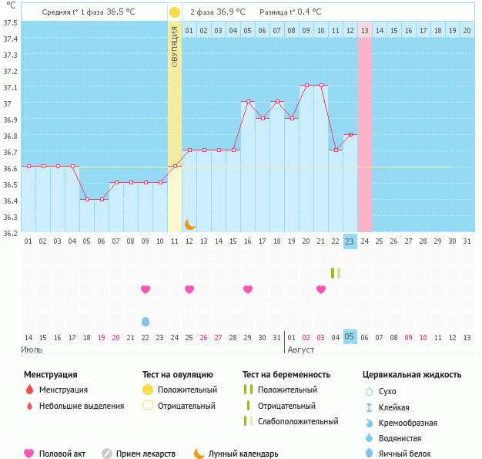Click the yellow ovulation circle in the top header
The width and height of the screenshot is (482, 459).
(x=175, y=12)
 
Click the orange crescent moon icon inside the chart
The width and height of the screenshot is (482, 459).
(x=189, y=224)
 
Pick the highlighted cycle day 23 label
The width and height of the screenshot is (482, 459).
(x=350, y=241)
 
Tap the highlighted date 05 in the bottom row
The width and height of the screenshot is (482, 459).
(x=350, y=337)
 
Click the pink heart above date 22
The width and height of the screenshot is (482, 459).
(x=146, y=289)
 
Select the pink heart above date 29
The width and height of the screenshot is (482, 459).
(x=248, y=289)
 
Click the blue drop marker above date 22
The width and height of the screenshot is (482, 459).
(x=146, y=321)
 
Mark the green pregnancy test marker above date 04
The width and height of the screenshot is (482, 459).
(x=335, y=273)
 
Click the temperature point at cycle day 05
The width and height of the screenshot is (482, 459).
(x=87, y=199)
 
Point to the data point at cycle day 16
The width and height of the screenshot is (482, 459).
(x=248, y=101)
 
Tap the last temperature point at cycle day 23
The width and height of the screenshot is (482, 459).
(x=350, y=134)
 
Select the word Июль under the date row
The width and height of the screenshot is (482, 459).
(x=32, y=349)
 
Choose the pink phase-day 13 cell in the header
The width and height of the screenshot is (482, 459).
(x=365, y=30)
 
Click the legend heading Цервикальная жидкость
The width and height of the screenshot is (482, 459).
(x=412, y=375)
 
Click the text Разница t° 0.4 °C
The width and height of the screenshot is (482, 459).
(x=291, y=12)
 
